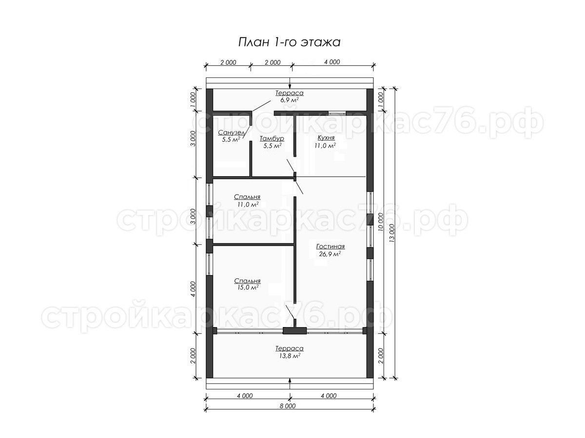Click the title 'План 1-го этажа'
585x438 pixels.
[289, 42]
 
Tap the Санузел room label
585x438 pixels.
[232, 132]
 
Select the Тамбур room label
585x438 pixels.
[272, 139]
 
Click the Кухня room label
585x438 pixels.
[326, 138]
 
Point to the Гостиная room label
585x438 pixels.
[331, 247]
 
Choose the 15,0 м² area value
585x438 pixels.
[248, 287]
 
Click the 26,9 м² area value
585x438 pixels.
[330, 254]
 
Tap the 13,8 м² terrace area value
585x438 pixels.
[290, 356]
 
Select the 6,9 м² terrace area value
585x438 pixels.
[289, 100]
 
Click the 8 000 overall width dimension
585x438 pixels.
[288, 406]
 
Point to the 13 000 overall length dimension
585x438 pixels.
[391, 233]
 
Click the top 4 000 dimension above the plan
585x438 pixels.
[332, 62]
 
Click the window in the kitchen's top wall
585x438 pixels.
[337, 113]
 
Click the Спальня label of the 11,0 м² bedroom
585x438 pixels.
[247, 197]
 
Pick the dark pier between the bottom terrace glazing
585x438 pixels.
[294, 331]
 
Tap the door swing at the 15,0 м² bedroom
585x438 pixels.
[290, 312]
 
